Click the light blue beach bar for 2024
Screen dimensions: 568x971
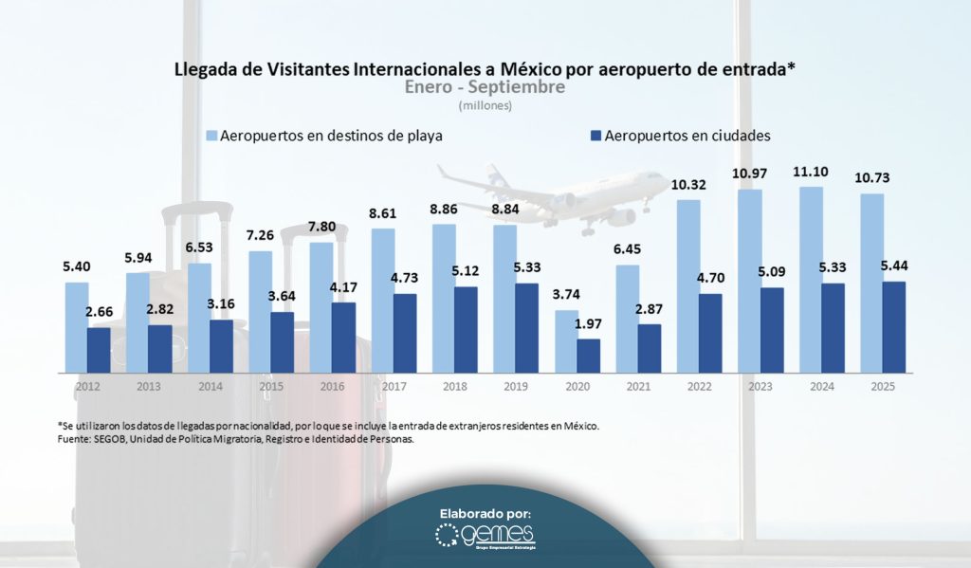pos(811,279)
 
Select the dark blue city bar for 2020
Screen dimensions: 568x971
pos(588,355)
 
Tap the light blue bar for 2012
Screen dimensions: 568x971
pos(77,327)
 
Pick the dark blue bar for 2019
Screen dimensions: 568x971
pos(526,327)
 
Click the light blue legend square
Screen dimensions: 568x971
pos(211,136)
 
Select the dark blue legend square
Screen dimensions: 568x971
pos(594,136)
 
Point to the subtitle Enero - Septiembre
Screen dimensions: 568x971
pos(485,87)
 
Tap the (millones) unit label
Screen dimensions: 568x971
pos(485,105)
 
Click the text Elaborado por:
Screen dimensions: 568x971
pos(485,513)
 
